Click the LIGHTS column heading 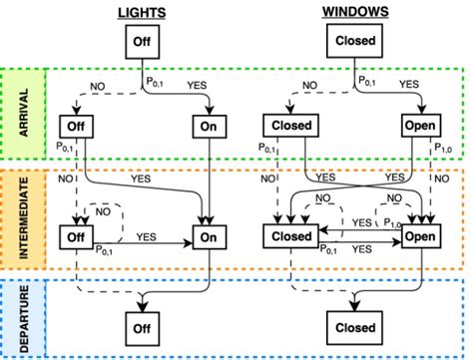pyautogui.click(x=140, y=12)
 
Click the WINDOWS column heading pyautogui.click(x=354, y=12)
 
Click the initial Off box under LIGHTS pyautogui.click(x=141, y=43)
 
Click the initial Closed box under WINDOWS pyautogui.click(x=354, y=43)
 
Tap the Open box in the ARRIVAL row pyautogui.click(x=421, y=127)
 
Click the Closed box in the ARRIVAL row pyautogui.click(x=290, y=127)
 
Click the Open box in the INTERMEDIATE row pyautogui.click(x=421, y=238)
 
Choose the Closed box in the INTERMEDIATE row pyautogui.click(x=290, y=238)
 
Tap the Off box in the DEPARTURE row pyautogui.click(x=141, y=327)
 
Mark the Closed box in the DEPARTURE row pyautogui.click(x=354, y=327)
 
